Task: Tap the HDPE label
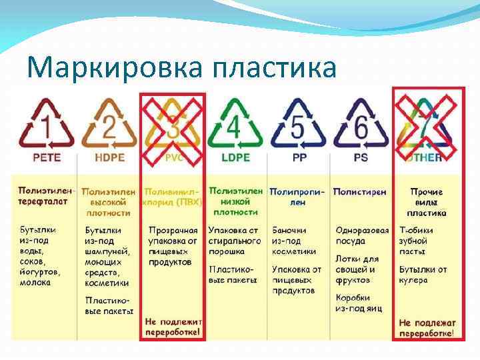[x=109, y=158]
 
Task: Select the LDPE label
[x=235, y=158]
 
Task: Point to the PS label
[x=361, y=158]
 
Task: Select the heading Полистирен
[x=359, y=191]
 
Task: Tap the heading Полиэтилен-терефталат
[x=45, y=196]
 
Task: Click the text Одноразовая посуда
[x=362, y=236]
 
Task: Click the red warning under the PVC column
[x=173, y=327]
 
